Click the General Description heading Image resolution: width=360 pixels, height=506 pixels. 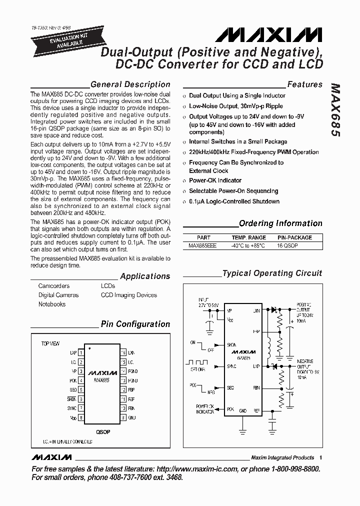coord(130,84)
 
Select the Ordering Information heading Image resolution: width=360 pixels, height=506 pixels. coord(280,223)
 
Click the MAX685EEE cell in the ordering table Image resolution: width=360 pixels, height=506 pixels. coord(202,246)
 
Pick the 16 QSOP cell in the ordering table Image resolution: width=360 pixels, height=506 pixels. coord(288,246)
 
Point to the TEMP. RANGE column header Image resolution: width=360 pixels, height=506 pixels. coord(248,237)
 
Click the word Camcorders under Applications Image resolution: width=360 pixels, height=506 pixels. coord(54,286)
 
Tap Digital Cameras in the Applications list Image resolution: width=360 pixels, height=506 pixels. coord(58,295)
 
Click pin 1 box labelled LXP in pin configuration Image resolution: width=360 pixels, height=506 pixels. coord(81,353)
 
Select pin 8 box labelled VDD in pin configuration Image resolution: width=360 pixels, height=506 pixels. coord(81,417)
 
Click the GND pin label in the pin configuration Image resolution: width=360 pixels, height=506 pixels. coord(132,417)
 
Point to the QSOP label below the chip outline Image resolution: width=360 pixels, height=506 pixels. coord(103,431)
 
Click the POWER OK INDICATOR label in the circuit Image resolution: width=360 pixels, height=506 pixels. coord(204,409)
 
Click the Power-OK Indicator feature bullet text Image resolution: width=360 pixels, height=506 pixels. coord(215,180)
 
